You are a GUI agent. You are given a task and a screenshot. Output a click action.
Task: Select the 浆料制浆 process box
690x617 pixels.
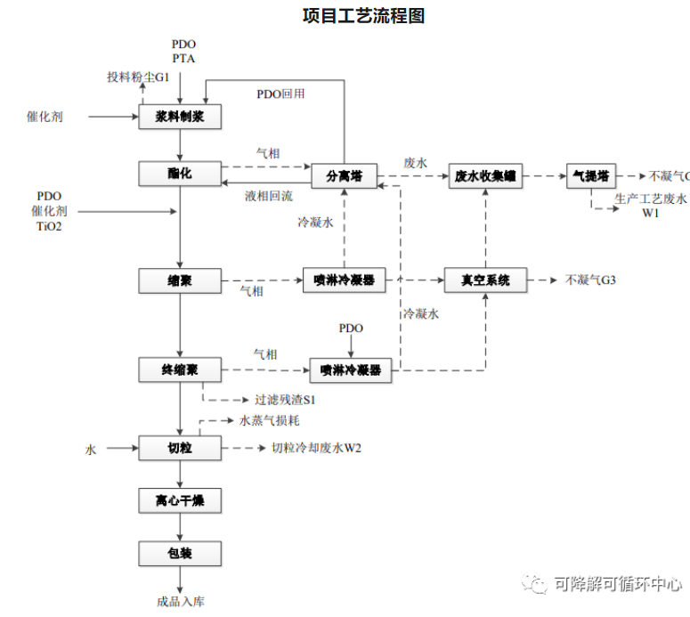coord(180,117)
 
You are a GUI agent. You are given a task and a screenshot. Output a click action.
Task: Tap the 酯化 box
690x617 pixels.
coord(180,174)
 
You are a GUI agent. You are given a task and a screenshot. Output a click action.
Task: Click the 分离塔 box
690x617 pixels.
coord(343,175)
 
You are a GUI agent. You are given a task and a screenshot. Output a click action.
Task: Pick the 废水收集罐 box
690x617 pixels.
coord(486,175)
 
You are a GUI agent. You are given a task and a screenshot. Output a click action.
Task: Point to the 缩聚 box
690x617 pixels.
coord(180,280)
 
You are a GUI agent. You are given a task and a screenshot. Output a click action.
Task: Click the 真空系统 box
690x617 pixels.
coord(486,280)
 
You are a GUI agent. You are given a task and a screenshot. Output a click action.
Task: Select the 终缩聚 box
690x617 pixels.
coord(180,369)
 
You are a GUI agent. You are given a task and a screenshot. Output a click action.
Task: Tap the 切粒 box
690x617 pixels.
coord(180,448)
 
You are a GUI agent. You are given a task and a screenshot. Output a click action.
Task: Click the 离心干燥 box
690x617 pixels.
coord(180,501)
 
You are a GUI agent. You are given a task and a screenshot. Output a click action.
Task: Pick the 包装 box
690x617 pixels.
coord(180,554)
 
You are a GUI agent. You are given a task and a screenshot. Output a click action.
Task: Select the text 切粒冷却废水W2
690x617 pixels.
coord(316,448)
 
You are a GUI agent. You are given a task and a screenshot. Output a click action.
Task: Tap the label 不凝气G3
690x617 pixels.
coord(591,280)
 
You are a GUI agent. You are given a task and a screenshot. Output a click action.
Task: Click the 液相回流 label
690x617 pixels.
coord(269,196)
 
